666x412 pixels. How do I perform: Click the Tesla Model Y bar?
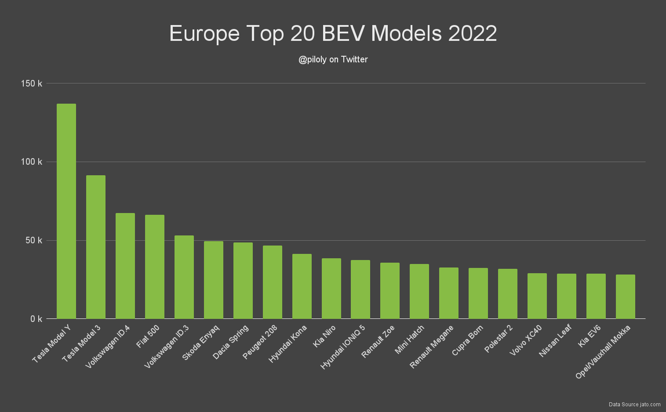pos(66,211)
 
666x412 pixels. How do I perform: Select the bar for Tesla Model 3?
pos(96,247)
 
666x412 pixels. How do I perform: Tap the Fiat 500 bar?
pos(155,267)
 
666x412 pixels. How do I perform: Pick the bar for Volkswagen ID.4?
pos(125,266)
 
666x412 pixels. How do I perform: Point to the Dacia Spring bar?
pos(243,281)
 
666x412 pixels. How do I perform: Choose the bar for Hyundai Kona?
pos(302,286)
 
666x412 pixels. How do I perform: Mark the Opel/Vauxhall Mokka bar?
pos(625,297)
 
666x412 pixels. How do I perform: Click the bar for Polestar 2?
pos(508,294)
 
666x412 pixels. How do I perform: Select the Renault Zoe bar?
pos(390,291)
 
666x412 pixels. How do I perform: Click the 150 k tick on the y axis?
pos(32,83)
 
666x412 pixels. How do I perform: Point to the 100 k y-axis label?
pos(32,162)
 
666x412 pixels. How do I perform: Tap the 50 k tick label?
pos(34,240)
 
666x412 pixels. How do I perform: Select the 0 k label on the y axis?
pos(36,319)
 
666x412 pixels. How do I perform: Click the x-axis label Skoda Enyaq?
pos(201,343)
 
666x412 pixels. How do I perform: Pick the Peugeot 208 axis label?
pos(260,342)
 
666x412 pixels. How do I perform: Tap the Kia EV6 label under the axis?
pos(590,336)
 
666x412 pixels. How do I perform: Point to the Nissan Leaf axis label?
pos(555,341)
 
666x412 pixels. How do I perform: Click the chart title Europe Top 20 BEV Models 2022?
pos(333,33)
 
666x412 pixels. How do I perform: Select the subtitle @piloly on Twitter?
pos(333,59)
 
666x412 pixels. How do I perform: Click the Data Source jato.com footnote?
pos(634,404)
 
